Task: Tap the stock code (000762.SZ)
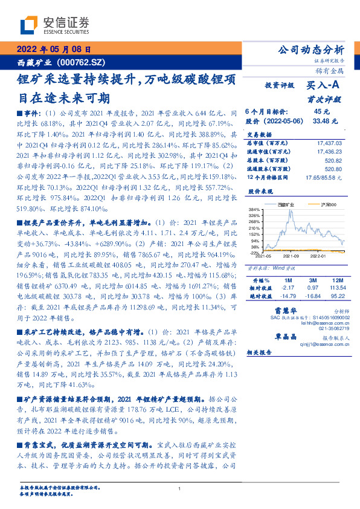82,62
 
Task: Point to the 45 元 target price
321,111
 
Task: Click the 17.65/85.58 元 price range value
324,178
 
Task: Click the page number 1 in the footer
180,488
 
